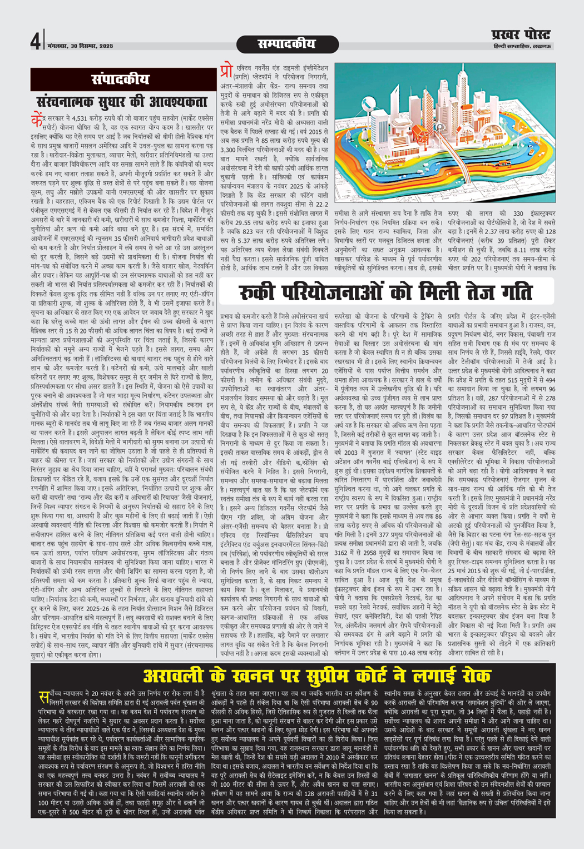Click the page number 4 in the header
35,42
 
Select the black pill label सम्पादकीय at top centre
286,43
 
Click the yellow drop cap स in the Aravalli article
42,698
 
